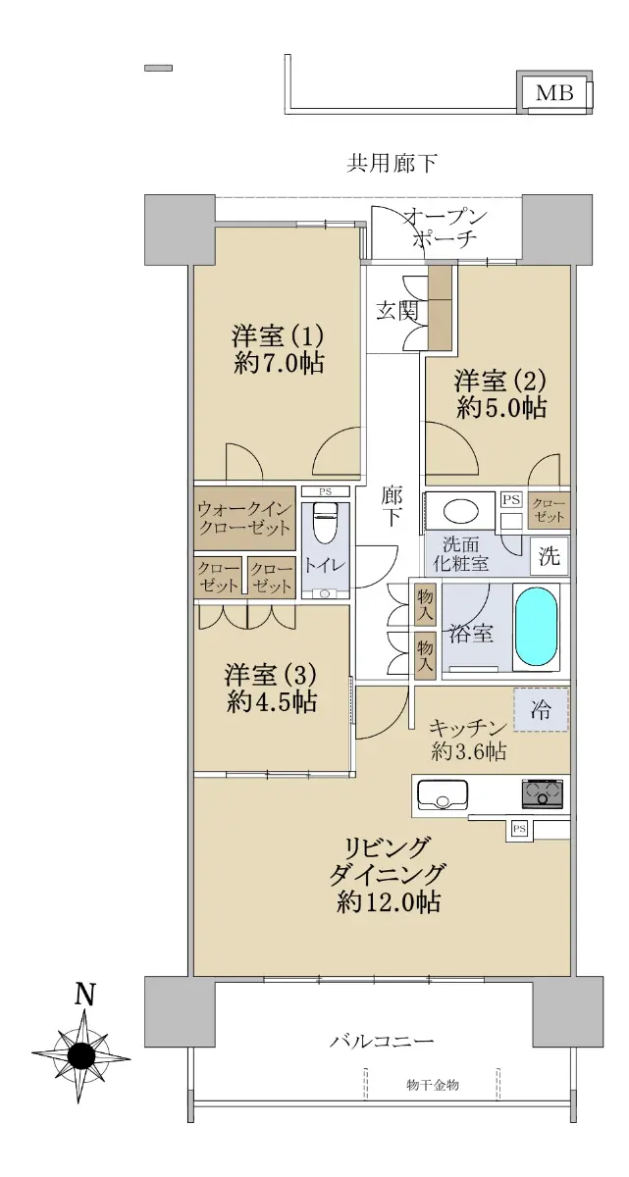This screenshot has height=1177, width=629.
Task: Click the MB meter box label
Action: coord(553,93)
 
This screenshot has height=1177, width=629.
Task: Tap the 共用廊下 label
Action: coord(392,164)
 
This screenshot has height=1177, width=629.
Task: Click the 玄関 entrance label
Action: coord(396,312)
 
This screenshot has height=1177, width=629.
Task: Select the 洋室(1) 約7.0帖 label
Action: coord(278,349)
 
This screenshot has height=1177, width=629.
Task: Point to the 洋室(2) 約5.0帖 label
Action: coord(500,393)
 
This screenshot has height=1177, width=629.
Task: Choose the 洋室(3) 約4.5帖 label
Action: coord(271,688)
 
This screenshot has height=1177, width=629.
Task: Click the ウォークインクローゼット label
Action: coord(243,518)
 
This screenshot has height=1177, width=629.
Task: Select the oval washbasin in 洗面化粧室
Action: coord(460,509)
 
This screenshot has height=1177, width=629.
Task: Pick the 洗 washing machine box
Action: coord(550,556)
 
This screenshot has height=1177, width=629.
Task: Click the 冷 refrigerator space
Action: coord(541,710)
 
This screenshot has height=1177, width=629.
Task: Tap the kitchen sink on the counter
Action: coord(443,795)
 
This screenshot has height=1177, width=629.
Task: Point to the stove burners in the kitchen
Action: coord(543,793)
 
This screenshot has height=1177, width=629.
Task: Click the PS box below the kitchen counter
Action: coord(519,829)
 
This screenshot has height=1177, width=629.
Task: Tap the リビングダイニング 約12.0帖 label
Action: coord(388,874)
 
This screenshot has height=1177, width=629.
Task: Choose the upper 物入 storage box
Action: coord(425,605)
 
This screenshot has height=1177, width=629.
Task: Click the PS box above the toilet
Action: coord(326,491)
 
